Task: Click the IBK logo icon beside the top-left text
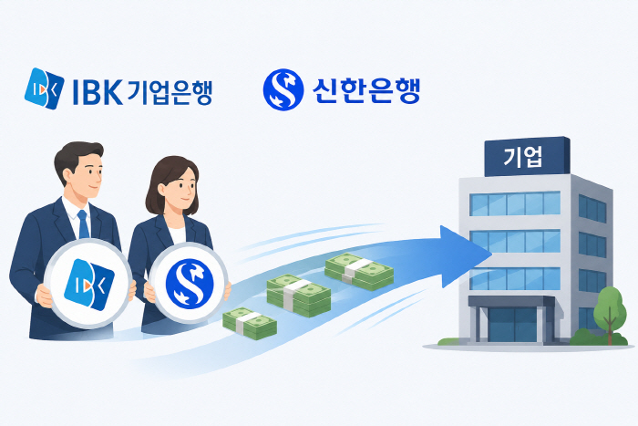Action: coord(44,88)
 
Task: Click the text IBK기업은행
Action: coord(142,92)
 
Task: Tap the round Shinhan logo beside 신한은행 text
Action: coord(283,89)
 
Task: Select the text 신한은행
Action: coord(365,89)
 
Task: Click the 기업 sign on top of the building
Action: coord(527,157)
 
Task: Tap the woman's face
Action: coord(180,186)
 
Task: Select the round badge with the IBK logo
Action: coord(88,284)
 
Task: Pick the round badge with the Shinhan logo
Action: coord(189,283)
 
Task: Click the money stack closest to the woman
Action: coord(250,323)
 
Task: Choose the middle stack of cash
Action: coord(299,296)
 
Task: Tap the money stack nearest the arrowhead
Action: coord(359,271)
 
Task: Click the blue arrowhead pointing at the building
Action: coord(464,256)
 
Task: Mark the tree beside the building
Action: coord(609,312)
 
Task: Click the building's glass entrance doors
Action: coord(512,325)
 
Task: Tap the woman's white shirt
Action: coord(178,235)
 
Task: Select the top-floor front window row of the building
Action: coord(515,203)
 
